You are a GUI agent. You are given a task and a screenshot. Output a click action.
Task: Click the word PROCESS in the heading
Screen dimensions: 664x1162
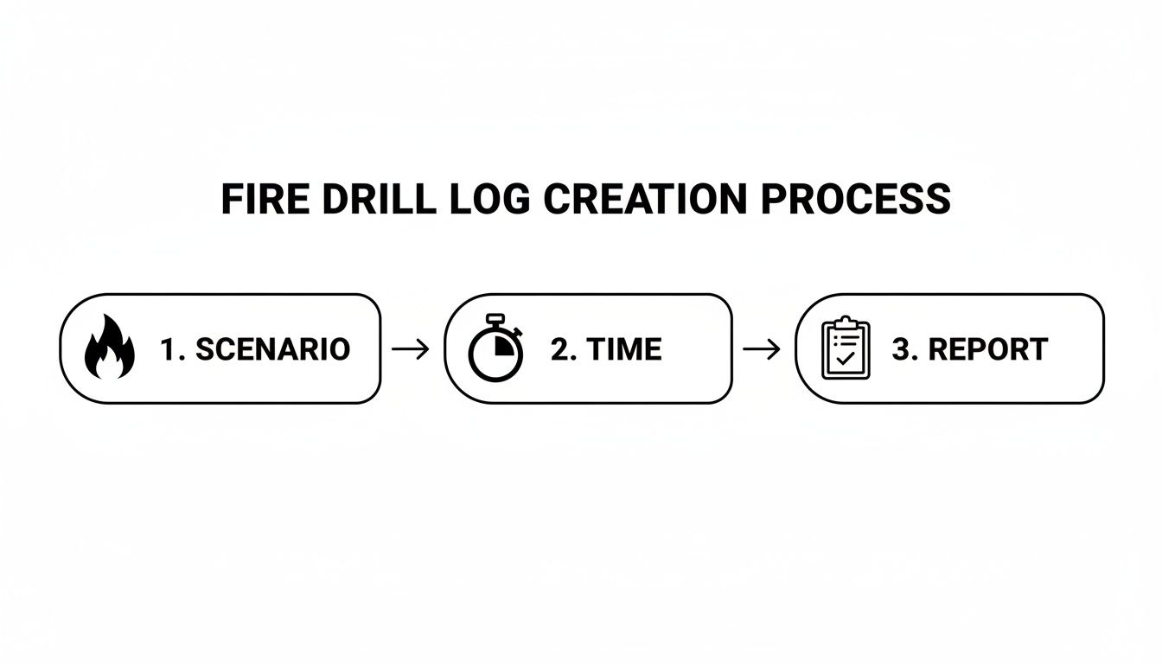click(x=856, y=200)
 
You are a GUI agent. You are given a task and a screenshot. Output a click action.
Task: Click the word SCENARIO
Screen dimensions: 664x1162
click(x=272, y=349)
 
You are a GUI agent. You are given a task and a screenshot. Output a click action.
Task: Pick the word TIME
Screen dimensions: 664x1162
click(x=623, y=349)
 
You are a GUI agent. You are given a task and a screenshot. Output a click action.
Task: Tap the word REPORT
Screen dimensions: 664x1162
click(x=987, y=349)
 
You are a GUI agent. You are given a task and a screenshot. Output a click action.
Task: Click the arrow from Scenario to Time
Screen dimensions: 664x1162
click(x=411, y=349)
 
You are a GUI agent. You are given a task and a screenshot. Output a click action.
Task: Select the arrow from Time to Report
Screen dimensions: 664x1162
click(x=762, y=349)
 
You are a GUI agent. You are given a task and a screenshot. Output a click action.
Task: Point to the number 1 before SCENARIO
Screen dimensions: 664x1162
click(x=168, y=349)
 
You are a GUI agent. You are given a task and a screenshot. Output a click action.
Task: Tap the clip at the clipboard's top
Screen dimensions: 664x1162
click(x=846, y=322)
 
